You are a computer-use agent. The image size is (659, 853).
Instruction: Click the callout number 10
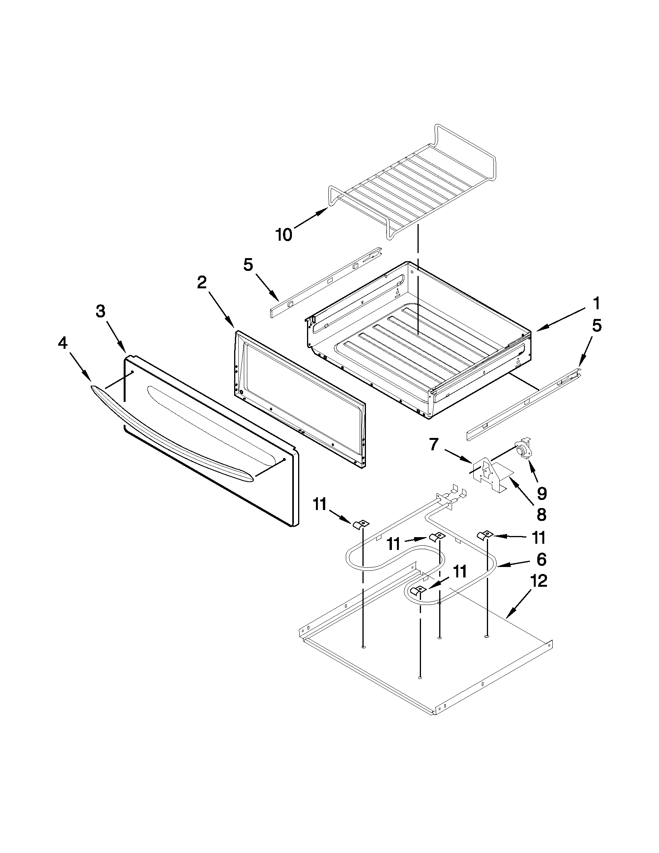click(x=284, y=235)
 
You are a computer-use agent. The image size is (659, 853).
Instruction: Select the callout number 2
click(x=202, y=282)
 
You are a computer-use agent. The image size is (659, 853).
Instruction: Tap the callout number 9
click(x=542, y=494)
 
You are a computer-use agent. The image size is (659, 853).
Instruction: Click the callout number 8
click(x=542, y=515)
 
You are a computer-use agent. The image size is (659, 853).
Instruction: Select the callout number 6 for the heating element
click(x=541, y=560)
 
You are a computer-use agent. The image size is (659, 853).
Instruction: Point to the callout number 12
click(x=539, y=582)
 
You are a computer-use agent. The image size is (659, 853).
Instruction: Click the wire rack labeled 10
click(x=410, y=184)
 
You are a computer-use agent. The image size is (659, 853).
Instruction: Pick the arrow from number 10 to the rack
click(x=310, y=219)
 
